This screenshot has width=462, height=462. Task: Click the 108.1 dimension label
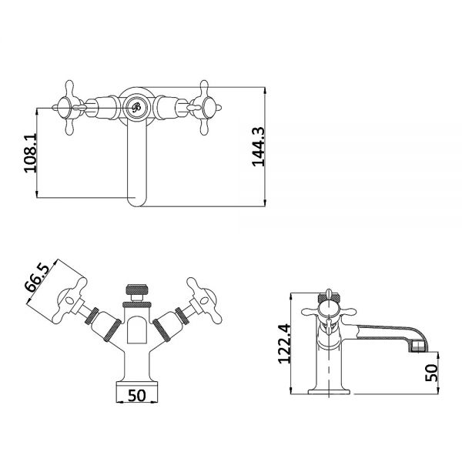pos(30,152)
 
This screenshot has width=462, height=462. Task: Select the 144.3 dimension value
pos(259,147)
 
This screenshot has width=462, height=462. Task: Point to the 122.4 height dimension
pos(285,343)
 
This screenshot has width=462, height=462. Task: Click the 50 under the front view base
pos(137,396)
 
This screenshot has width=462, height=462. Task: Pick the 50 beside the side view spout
pos(432,373)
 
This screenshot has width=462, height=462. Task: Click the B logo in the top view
pos(136,108)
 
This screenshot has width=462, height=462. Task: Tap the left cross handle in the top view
pos(69,108)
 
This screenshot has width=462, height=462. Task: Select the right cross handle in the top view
pos(204,108)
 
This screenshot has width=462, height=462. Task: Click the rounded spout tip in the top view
pos(137,201)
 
